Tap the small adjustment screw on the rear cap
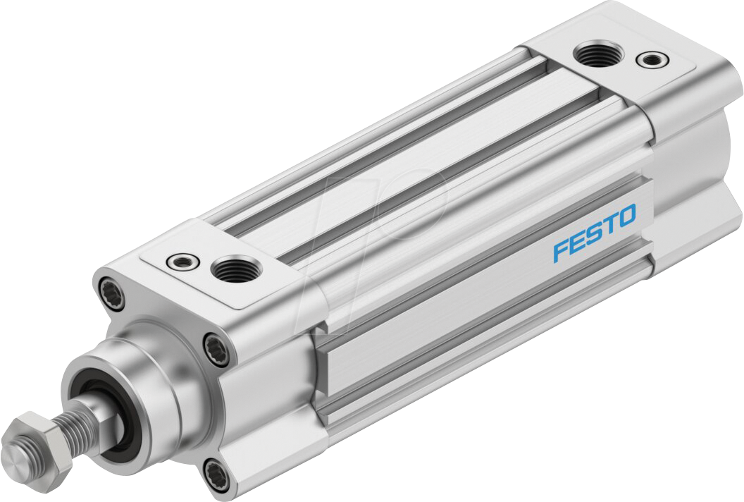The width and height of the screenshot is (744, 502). point(649,59)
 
